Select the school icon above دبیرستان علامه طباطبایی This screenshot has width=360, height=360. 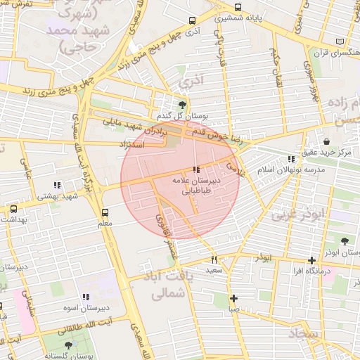(195, 169)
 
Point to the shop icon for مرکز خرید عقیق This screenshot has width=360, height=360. (326, 142)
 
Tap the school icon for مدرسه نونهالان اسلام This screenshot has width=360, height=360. (291, 160)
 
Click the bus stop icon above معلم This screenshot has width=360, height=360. (105, 212)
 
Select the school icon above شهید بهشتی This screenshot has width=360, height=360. (57, 186)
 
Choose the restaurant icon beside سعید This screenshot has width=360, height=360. (214, 259)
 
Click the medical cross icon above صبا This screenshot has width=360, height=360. (233, 298)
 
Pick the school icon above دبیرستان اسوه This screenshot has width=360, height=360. (86, 297)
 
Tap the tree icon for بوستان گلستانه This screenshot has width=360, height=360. (68, 345)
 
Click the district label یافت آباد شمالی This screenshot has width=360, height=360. (171, 285)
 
